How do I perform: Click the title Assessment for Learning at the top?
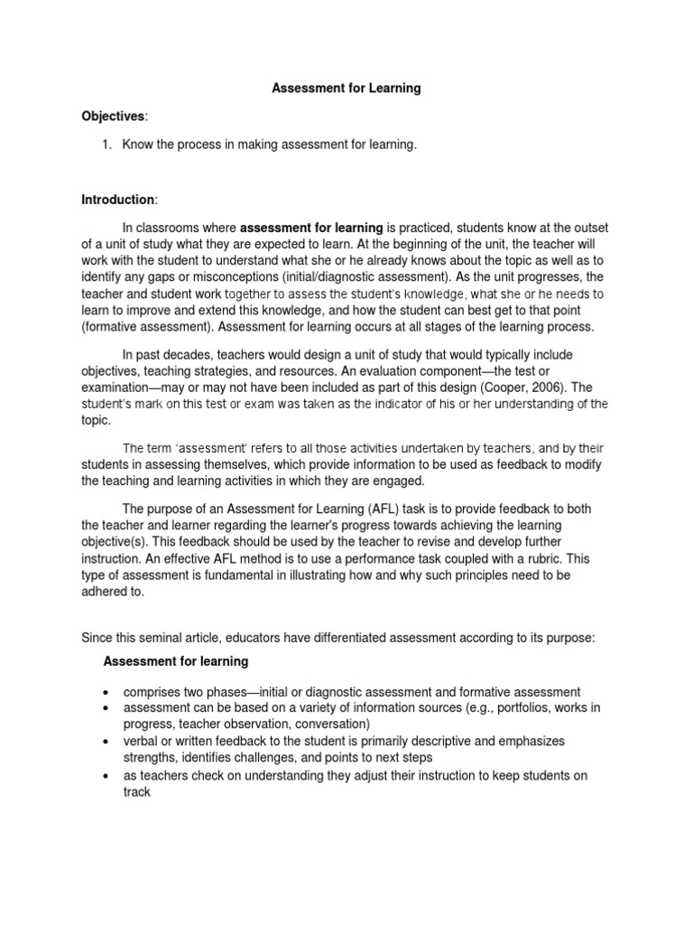tap(346, 89)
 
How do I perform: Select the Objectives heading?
tap(113, 117)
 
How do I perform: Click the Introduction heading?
tap(118, 199)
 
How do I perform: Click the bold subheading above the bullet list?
tap(176, 661)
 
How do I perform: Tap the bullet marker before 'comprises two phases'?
tap(107, 692)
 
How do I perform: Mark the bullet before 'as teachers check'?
tap(107, 776)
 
